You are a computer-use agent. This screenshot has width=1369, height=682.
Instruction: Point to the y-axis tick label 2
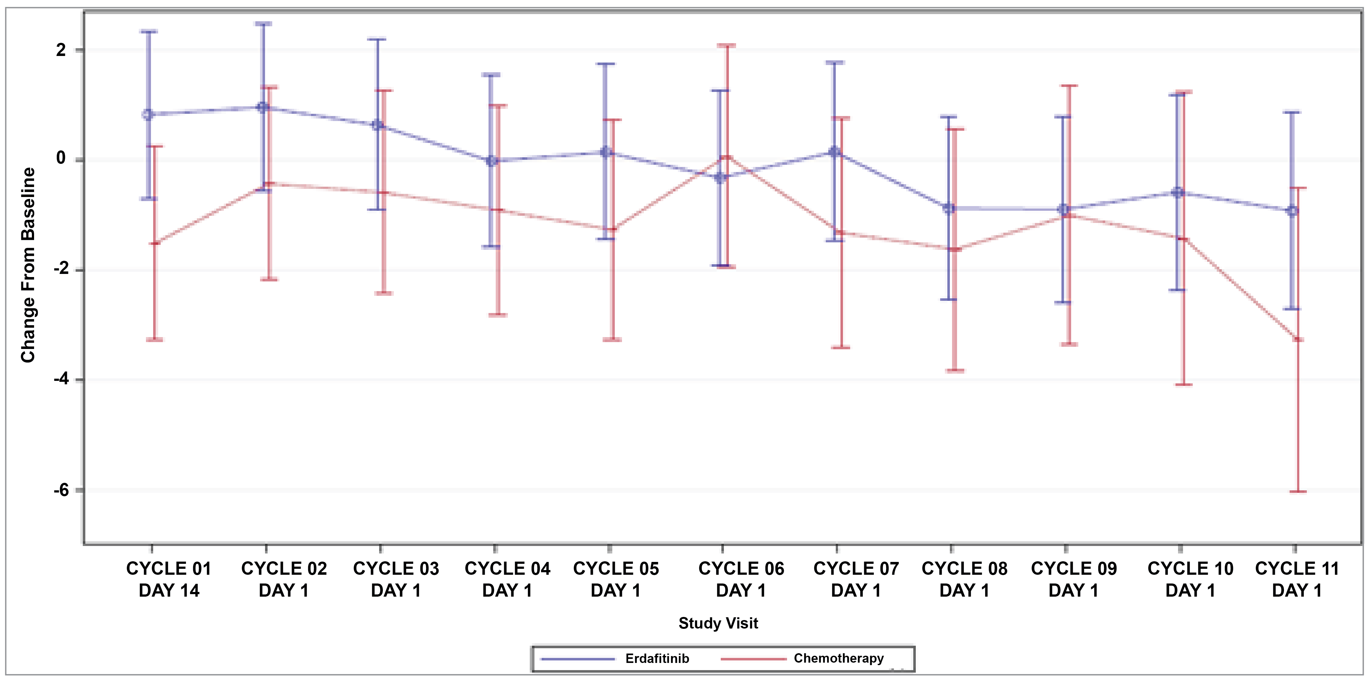pos(61,50)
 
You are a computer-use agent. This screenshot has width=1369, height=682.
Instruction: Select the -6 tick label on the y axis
pos(61,490)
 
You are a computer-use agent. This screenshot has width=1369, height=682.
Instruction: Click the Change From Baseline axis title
pos(28,265)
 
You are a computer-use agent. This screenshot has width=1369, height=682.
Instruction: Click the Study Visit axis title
pos(718,623)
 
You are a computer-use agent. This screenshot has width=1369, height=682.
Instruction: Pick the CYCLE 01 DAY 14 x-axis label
pos(169,579)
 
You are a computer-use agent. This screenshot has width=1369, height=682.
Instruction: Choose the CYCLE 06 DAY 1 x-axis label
pos(741,579)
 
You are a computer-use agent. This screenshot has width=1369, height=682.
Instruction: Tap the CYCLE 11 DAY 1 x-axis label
pos(1297,579)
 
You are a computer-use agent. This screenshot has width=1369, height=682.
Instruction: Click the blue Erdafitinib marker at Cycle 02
pos(263,107)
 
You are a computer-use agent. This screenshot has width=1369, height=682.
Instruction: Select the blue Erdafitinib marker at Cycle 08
pos(949,208)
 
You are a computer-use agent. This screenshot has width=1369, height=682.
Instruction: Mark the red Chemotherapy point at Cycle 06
pos(726,157)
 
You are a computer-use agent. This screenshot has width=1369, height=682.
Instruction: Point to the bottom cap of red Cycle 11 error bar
pos(1298,492)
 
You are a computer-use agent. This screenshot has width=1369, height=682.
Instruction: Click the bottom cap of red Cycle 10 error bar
pos(1184,384)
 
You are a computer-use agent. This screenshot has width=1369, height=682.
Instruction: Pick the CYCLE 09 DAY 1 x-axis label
pos(1074,579)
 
